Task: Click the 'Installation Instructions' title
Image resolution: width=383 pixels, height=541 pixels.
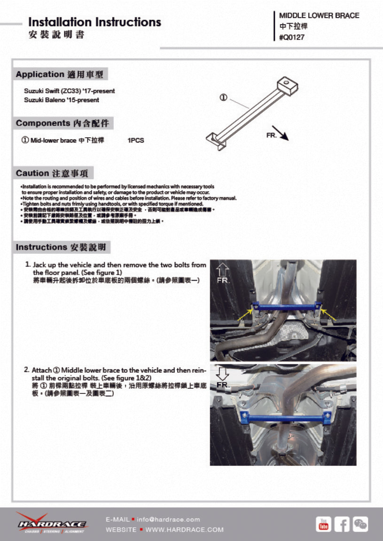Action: pos(94,22)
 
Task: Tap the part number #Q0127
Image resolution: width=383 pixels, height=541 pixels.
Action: pos(292,38)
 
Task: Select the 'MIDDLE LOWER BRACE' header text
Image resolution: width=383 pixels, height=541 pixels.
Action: pos(319,16)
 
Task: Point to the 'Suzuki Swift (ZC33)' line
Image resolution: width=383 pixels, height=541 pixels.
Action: pos(69,91)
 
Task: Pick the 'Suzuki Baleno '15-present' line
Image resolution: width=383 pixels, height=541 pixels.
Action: pos(62,100)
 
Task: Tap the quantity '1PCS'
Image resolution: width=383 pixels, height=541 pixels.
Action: pos(136,140)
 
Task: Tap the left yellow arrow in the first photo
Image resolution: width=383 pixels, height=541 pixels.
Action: pos(245,314)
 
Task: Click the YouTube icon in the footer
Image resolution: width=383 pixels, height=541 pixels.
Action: pos(323,524)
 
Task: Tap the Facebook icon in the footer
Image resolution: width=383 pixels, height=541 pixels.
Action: pos(342,524)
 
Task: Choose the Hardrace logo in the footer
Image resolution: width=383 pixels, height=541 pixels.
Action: pos(51,523)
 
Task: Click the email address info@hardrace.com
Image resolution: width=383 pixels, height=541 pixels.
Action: pos(168,519)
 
